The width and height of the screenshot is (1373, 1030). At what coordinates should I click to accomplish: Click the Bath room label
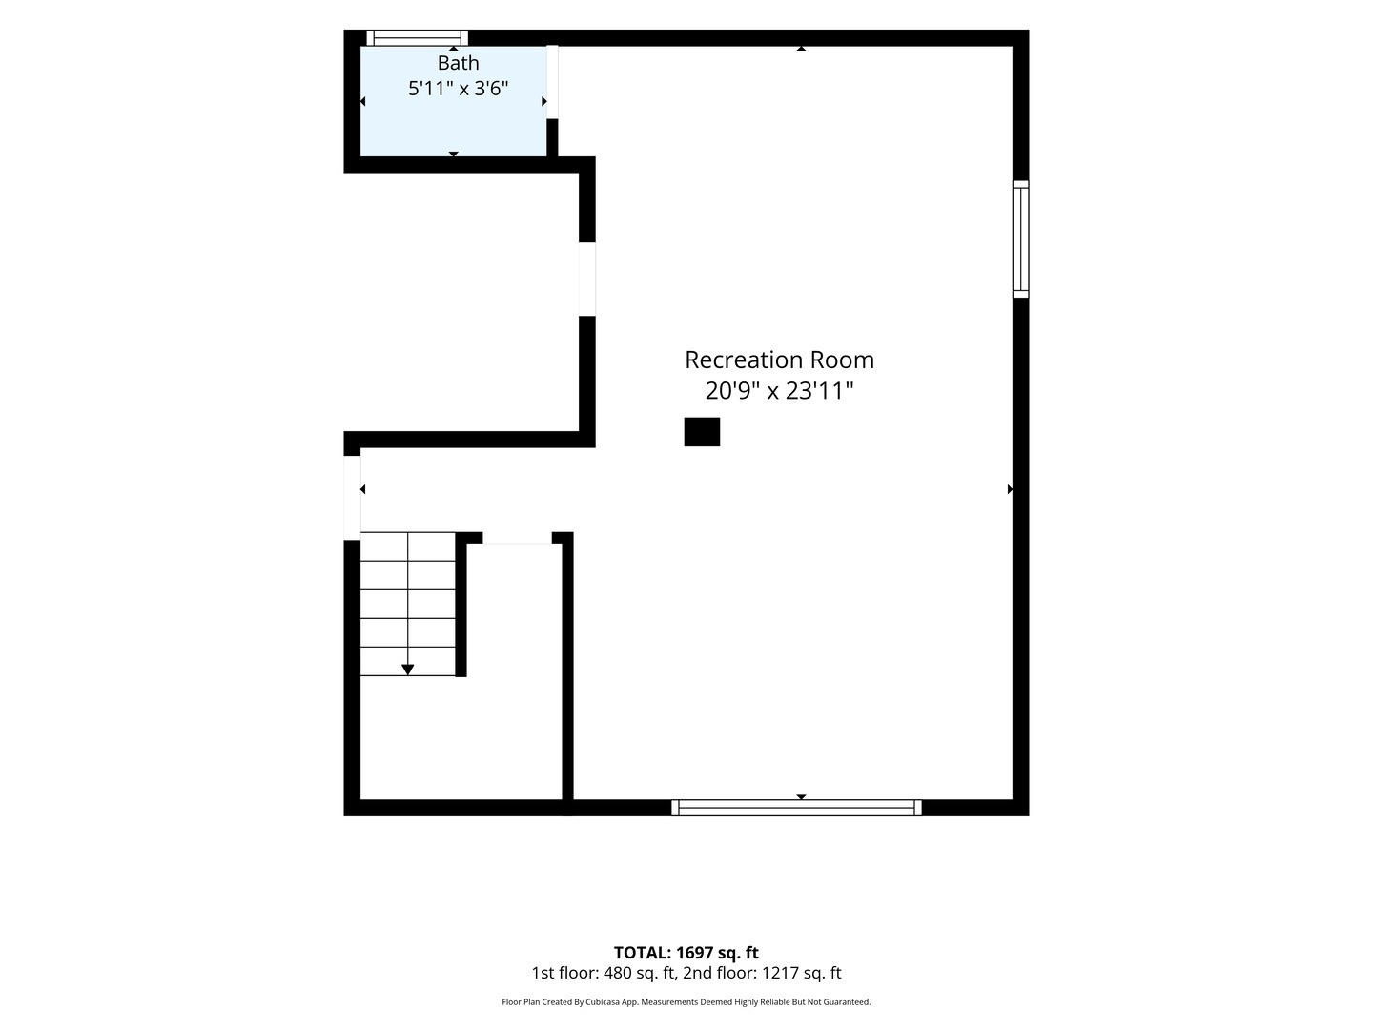click(458, 63)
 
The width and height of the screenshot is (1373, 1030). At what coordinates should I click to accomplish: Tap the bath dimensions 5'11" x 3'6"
click(458, 88)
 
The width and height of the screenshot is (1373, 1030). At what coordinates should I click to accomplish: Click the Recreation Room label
click(779, 360)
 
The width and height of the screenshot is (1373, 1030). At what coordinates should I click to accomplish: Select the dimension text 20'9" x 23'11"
click(779, 391)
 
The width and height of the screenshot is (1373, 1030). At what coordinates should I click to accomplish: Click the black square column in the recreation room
click(702, 431)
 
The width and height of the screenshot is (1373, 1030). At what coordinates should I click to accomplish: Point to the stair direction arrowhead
click(407, 669)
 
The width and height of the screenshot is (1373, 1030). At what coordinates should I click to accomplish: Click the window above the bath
click(418, 38)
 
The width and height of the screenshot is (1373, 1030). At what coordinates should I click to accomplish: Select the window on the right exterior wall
click(1020, 238)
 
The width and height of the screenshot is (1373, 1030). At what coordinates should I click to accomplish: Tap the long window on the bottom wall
click(796, 808)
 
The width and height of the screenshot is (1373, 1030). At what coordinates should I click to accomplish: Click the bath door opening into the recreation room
click(552, 82)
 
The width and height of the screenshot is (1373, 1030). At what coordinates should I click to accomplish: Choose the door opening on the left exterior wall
click(352, 497)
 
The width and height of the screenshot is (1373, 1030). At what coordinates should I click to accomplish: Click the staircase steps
click(408, 604)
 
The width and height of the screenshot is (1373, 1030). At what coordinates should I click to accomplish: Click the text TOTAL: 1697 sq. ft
click(686, 953)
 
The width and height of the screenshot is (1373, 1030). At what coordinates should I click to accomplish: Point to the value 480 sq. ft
click(638, 973)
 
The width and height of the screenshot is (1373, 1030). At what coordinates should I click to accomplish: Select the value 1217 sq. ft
click(801, 973)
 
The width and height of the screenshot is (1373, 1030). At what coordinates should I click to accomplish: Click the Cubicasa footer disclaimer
click(686, 1001)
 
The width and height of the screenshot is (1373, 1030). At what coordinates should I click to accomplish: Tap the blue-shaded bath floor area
click(454, 125)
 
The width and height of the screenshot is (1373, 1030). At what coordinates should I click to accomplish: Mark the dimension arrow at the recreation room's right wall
click(1010, 489)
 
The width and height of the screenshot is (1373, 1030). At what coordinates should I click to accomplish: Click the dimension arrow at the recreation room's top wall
click(801, 49)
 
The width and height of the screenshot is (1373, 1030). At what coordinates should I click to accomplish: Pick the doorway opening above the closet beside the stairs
click(518, 538)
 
